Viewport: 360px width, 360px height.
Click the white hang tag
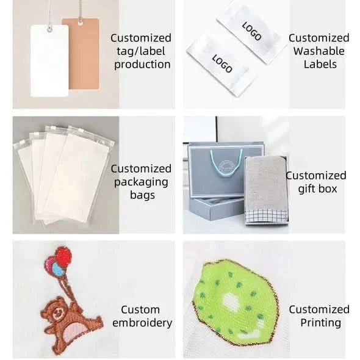tap(49, 61)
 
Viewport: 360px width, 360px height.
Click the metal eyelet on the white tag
tap(49, 29)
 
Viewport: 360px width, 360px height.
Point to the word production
tap(142, 65)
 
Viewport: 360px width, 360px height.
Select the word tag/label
tap(141, 51)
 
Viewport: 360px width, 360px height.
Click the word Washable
tap(319, 51)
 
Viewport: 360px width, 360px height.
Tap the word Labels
tap(320, 64)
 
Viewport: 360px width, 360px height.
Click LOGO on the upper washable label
tap(251, 31)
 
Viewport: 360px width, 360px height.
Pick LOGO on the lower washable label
tap(222, 63)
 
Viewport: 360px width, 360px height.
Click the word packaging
tap(141, 182)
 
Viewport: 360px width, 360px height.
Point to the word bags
tap(142, 196)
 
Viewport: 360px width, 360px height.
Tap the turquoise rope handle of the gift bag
tap(226, 164)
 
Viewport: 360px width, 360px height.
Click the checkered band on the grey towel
tap(266, 216)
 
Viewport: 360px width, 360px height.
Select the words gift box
tap(317, 189)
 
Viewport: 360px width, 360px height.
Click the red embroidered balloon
tap(63, 256)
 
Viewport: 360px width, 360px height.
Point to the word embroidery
tap(142, 323)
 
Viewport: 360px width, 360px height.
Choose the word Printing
tap(321, 323)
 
